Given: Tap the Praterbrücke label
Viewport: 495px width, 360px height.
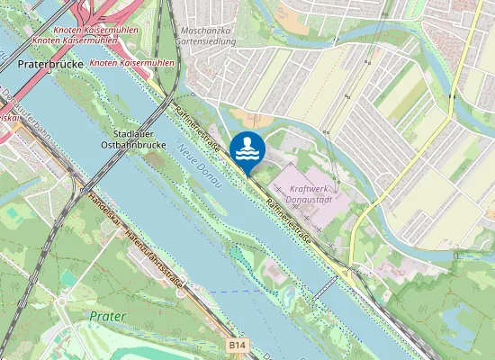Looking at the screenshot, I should pyautogui.click(x=49, y=66).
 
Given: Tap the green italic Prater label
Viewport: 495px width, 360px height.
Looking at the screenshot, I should pyautogui.click(x=108, y=316).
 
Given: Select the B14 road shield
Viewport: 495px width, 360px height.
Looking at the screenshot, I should pyautogui.click(x=237, y=344).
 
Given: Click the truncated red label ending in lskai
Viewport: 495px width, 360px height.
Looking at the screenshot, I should pyautogui.click(x=8, y=116).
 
